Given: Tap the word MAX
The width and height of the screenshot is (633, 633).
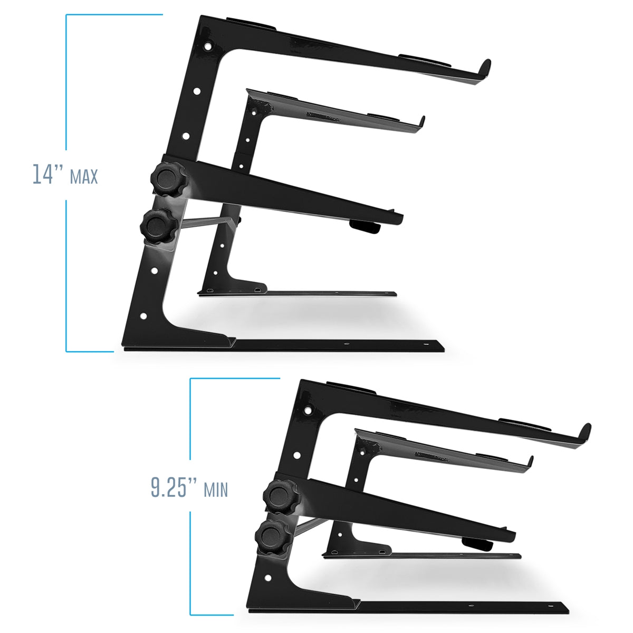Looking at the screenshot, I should pos(84,177).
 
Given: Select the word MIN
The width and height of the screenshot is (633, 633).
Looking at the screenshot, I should pos(216,490).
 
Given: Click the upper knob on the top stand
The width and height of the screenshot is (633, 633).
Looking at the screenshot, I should pos(163,181).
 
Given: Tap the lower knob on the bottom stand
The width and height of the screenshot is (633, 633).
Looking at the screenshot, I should pos(271,536).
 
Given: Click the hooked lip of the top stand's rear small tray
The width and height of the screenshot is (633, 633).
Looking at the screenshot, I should pos(421,122).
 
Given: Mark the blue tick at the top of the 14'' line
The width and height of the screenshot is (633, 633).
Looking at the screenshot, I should pos(113,15).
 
